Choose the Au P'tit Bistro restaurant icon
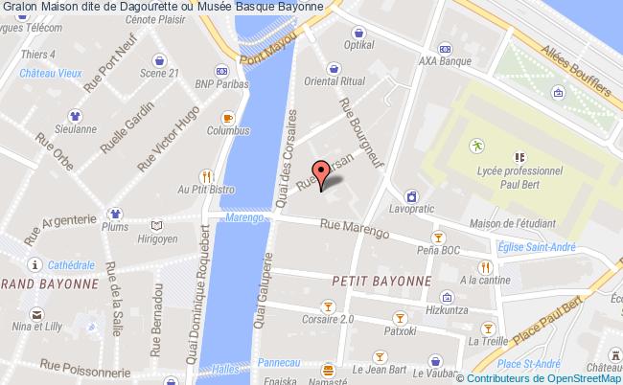tap(205, 176)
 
